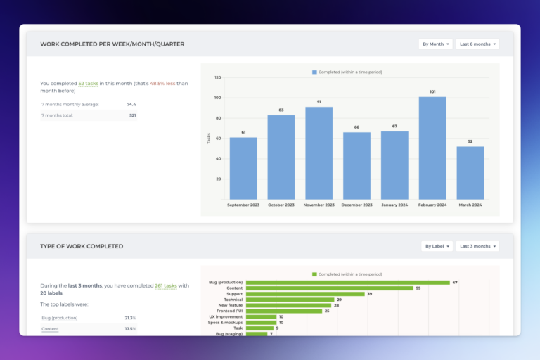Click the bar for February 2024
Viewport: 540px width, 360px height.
432,148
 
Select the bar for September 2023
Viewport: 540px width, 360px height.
243,168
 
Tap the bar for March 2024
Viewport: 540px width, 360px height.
470,172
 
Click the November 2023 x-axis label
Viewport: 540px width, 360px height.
319,205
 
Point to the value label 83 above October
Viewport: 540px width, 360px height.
281,110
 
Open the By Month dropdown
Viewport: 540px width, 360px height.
435,44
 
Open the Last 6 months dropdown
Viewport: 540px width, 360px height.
477,44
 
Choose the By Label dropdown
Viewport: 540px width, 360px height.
437,246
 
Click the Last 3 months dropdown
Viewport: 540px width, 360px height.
477,246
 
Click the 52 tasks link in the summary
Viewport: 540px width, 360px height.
88,83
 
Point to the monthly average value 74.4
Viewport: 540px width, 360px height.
131,104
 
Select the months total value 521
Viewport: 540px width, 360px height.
132,115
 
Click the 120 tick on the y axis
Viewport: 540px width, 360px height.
218,77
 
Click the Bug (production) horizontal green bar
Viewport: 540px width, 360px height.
348,282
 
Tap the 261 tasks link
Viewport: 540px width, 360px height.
165,285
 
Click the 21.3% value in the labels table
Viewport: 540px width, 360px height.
130,318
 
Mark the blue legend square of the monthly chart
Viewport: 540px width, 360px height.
314,72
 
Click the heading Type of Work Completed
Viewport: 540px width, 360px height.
82,246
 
